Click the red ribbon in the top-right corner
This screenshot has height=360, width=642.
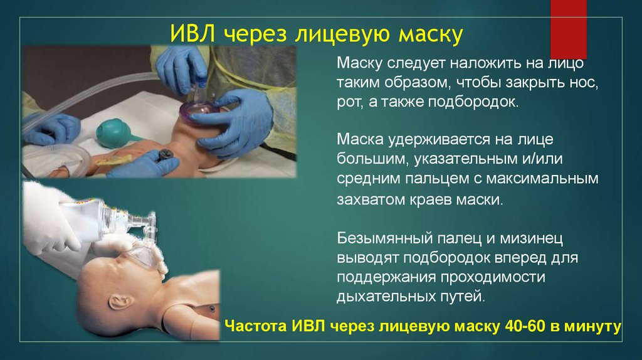[x=568, y=28]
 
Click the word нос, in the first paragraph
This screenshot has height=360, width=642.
[x=581, y=83]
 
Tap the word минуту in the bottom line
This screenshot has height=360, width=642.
[x=592, y=326]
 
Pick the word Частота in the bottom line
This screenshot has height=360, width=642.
[x=255, y=326]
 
